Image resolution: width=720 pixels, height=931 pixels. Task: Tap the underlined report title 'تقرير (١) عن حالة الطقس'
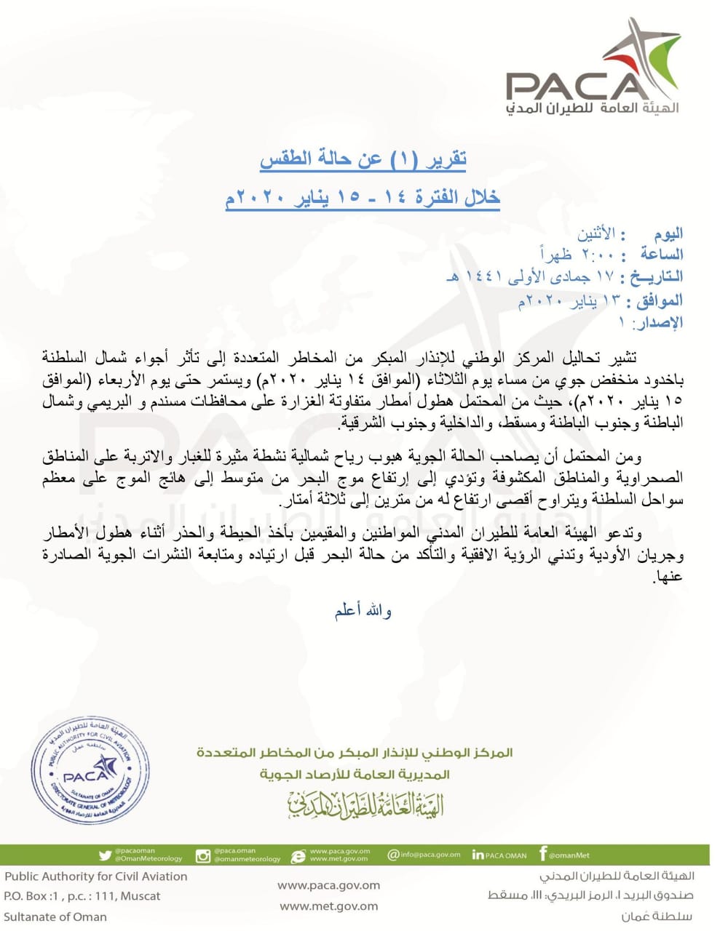[363, 159]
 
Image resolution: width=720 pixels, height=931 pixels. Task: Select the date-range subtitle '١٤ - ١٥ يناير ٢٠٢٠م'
[362, 196]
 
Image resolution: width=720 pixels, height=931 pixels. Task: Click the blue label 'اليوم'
[668, 234]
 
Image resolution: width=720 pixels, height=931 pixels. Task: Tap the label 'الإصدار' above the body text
[661, 322]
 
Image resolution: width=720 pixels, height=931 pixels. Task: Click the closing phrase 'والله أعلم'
[363, 611]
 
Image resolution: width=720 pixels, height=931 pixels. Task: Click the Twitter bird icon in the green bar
[105, 855]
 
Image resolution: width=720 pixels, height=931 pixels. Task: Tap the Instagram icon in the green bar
[203, 856]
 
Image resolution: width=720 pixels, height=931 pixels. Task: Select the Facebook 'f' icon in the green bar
[542, 854]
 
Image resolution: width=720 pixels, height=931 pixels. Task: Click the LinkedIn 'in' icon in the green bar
[478, 855]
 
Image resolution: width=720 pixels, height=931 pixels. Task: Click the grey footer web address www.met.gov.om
[329, 906]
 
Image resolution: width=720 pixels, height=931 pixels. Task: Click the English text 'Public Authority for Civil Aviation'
[96, 876]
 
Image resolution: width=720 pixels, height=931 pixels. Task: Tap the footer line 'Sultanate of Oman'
[55, 916]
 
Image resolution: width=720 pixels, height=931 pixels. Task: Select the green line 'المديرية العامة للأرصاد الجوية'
[355, 774]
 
